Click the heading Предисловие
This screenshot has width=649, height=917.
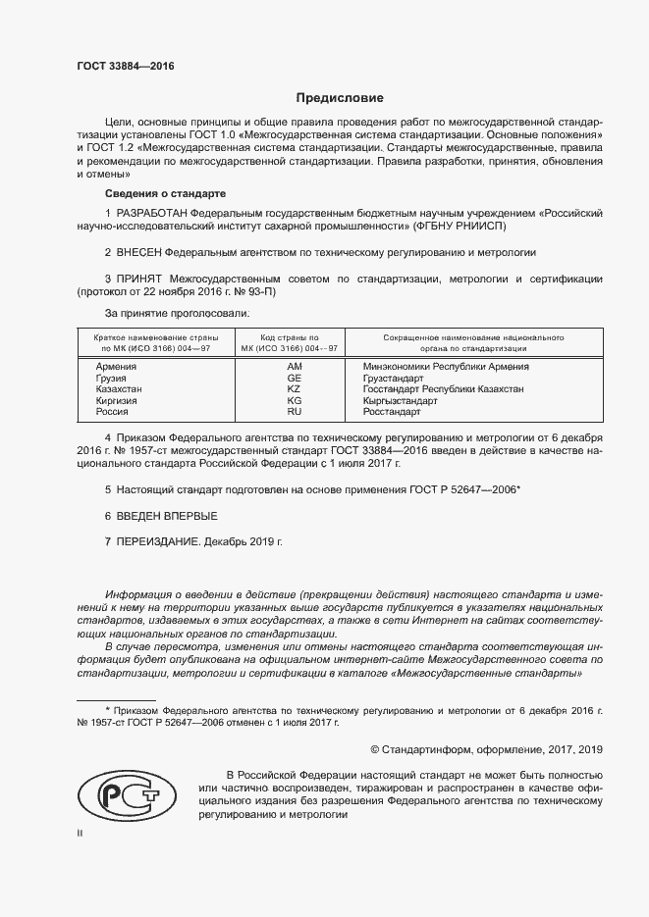[x=341, y=98]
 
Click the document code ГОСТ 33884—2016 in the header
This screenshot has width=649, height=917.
[x=125, y=68]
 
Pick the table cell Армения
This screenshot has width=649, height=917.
[x=117, y=366]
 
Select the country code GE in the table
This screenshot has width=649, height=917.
[x=293, y=378]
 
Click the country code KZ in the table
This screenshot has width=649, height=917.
[x=293, y=389]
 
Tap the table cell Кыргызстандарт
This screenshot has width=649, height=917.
[x=401, y=401]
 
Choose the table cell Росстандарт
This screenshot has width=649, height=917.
[x=392, y=413]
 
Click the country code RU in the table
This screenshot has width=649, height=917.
[x=293, y=413]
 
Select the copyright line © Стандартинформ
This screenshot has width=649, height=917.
[x=485, y=749]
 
